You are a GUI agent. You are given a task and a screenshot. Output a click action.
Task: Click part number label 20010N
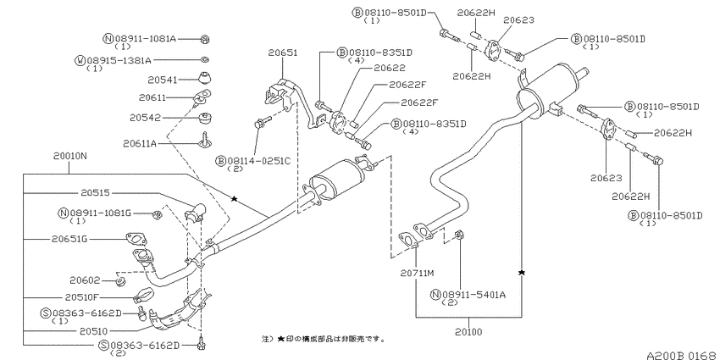click(69, 156)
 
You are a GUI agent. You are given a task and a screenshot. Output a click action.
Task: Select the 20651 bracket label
click(283, 53)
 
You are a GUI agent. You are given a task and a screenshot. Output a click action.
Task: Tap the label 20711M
click(417, 274)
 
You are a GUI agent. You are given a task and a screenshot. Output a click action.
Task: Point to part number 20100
click(468, 331)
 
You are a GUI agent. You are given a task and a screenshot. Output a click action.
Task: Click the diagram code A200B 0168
click(681, 355)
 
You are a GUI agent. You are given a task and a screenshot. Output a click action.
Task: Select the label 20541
click(162, 80)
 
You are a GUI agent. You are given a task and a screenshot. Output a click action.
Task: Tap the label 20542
click(145, 118)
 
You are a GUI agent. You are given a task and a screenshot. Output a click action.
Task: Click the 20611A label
click(140, 144)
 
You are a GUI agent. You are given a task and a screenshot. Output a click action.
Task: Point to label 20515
click(95, 193)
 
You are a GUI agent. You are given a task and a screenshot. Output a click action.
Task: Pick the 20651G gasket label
click(69, 239)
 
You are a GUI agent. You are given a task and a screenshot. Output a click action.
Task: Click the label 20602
click(85, 280)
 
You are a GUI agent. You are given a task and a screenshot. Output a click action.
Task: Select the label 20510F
click(81, 297)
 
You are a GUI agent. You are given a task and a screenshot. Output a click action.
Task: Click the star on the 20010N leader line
click(234, 199)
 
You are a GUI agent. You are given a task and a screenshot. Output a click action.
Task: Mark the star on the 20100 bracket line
click(522, 273)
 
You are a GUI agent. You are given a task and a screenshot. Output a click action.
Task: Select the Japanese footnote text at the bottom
click(324, 340)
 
